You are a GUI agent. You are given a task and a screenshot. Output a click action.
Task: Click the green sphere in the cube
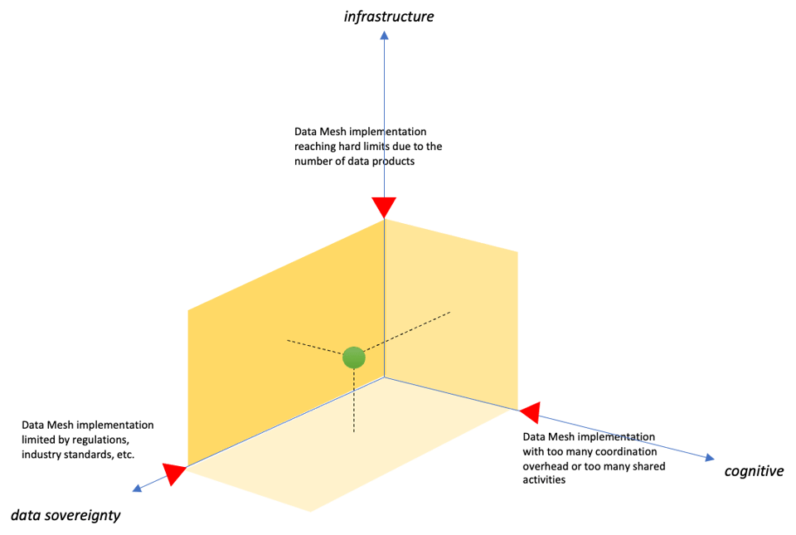click(x=354, y=357)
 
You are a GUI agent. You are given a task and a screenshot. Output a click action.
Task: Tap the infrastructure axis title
click(x=389, y=17)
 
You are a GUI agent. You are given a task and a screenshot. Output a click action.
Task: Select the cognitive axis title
click(x=754, y=471)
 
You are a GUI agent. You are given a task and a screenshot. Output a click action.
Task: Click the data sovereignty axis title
click(x=66, y=515)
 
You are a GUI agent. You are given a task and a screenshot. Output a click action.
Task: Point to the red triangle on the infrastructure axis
click(x=384, y=207)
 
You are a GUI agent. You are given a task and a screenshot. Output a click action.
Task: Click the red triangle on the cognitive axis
click(x=531, y=413)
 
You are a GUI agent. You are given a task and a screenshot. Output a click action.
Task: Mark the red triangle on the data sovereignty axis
click(x=173, y=474)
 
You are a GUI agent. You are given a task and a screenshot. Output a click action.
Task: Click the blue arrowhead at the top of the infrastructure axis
click(x=384, y=35)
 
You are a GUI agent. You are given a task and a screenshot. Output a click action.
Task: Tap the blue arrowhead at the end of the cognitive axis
click(x=710, y=458)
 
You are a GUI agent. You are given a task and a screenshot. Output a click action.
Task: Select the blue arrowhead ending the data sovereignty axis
click(x=137, y=489)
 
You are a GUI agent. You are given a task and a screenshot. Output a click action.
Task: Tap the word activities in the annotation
click(x=544, y=479)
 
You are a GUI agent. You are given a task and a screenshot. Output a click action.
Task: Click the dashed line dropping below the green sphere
click(x=354, y=401)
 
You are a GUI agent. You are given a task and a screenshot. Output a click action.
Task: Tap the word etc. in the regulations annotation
click(x=126, y=455)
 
